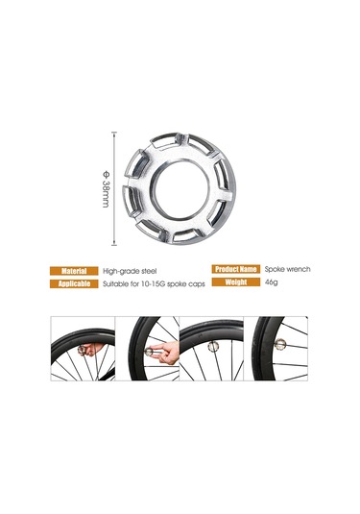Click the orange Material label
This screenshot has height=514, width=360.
pyautogui.click(x=74, y=271)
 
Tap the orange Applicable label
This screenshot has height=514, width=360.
pyautogui.click(x=74, y=283)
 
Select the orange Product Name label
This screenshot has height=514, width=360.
pyautogui.click(x=236, y=269)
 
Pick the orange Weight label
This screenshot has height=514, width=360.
pyautogui.click(x=236, y=281)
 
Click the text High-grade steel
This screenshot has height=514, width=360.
pyautogui.click(x=130, y=272)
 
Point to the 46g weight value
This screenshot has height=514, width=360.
pyautogui.click(x=272, y=281)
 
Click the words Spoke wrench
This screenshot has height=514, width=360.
pyautogui.click(x=287, y=269)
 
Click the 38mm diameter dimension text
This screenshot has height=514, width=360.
pyautogui.click(x=106, y=189)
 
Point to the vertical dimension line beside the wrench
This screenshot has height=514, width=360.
pyautogui.click(x=114, y=188)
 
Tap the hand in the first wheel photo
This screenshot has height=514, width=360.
pyautogui.click(x=93, y=349)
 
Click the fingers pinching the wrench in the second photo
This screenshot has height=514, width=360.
pyautogui.click(x=166, y=353)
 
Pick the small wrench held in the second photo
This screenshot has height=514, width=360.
pyautogui.click(x=150, y=352)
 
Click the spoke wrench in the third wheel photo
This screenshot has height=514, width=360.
pyautogui.click(x=212, y=346)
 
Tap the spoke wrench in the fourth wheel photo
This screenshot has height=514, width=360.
pyautogui.click(x=280, y=344)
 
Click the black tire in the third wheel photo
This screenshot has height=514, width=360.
pyautogui.click(x=211, y=329)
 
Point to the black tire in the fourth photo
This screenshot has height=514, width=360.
pyautogui.click(x=262, y=348)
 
